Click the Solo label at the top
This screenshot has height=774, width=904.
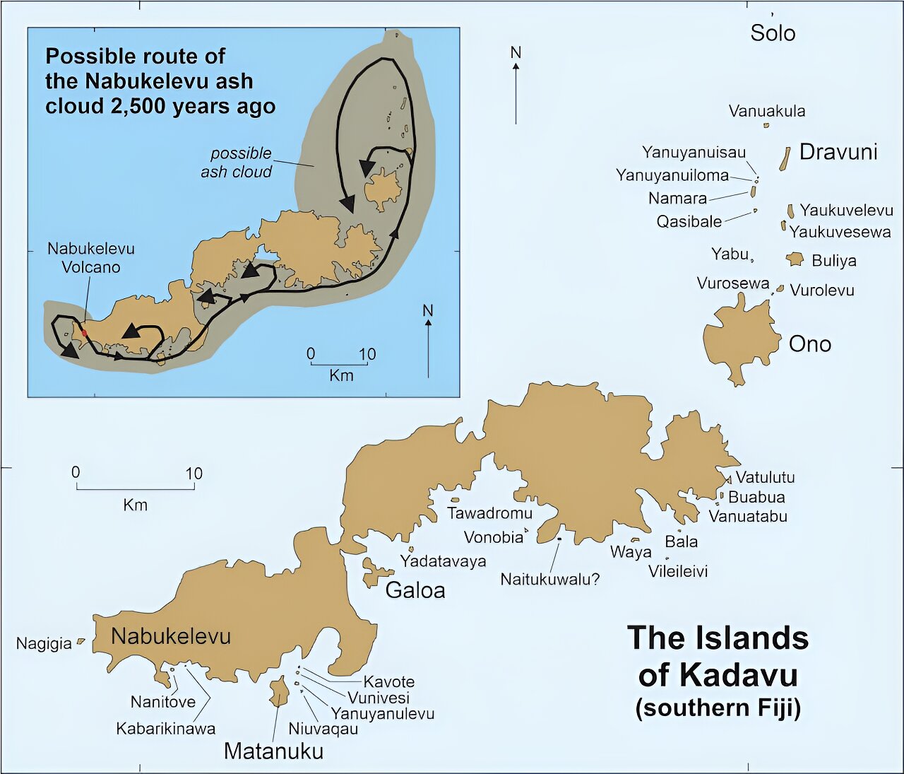click(x=773, y=33)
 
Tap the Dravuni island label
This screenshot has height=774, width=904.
click(x=838, y=152)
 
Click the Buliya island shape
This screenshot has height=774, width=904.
click(x=795, y=259)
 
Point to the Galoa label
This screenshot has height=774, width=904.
click(x=415, y=590)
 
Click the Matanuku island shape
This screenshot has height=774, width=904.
click(x=278, y=691)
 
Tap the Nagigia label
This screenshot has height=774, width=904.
click(x=44, y=643)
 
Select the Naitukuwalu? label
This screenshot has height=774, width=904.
click(x=549, y=580)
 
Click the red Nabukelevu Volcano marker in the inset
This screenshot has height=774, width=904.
click(x=85, y=332)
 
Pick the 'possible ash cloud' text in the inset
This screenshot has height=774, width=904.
click(x=237, y=163)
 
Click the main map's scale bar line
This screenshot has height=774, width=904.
click(x=135, y=488)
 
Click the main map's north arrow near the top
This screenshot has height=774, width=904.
click(x=516, y=88)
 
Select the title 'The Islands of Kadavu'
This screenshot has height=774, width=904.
click(x=718, y=656)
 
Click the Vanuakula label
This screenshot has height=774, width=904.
click(x=766, y=111)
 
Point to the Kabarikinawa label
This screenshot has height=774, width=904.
click(x=166, y=729)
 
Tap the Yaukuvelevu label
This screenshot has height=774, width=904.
click(x=846, y=210)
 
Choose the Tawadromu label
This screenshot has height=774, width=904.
click(x=489, y=513)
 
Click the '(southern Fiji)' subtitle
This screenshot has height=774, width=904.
click(x=718, y=708)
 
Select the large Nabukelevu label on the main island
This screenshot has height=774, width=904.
click(x=171, y=636)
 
